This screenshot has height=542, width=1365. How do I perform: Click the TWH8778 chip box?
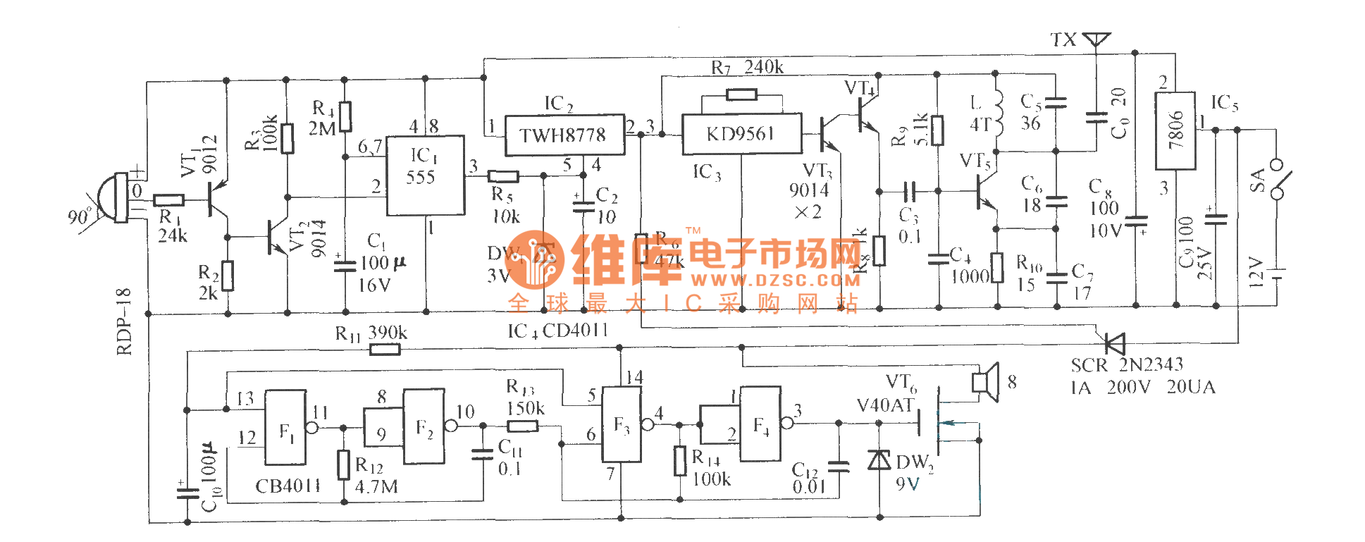pos(564,135)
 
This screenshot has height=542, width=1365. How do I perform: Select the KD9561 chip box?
pos(741,133)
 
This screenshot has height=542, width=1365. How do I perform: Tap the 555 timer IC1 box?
pos(425,175)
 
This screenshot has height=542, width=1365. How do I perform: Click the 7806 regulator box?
pos(1175,130)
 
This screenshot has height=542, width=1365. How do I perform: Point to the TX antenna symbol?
pos(1096,39)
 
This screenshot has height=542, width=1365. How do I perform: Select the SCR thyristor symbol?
pos(1113,343)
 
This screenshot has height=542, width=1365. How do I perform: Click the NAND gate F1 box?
pos(285,428)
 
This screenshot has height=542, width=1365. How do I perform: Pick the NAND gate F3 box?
pos(621,424)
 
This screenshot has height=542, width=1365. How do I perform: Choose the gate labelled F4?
pos(760,423)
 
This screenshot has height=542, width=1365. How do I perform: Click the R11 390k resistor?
pos(384,348)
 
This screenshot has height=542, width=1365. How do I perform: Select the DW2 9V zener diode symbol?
pos(879,460)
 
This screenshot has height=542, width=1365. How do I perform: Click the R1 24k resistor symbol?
pos(169,200)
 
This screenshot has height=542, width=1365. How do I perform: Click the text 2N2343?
pos(1151,364)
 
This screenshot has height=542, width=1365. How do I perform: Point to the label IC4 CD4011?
pos(557,331)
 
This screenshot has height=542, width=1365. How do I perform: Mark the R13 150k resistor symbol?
pos(522,426)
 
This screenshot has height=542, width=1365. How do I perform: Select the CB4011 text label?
pos(288,486)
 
